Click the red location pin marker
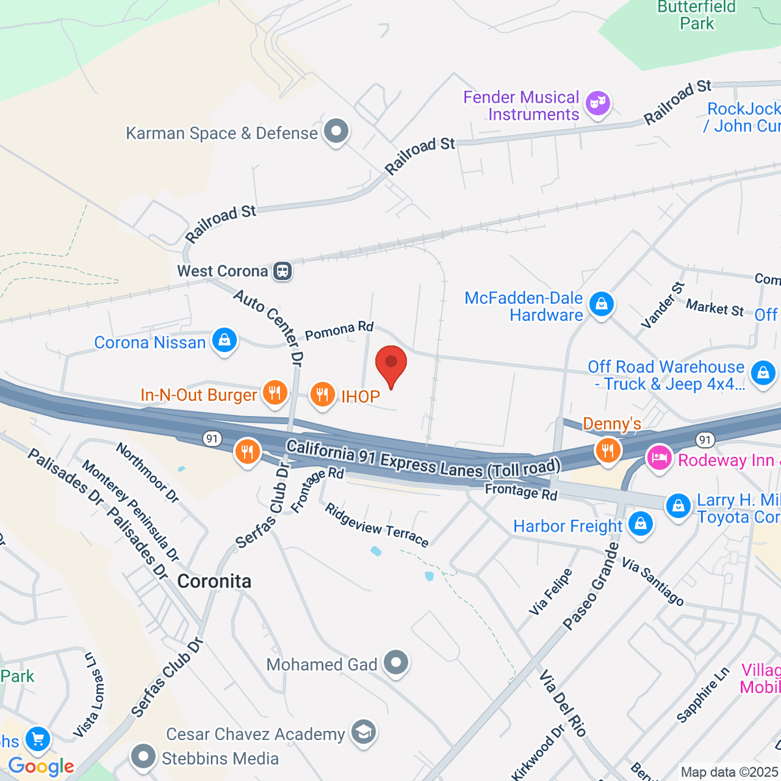391,363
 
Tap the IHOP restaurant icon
322,394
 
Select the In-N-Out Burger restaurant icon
275,392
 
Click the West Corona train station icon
282,271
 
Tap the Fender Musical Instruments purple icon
597,103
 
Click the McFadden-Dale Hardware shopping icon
601,304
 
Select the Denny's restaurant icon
608,449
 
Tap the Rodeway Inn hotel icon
659,458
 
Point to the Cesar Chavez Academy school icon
363,732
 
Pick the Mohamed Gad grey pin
395,663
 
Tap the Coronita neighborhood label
214,581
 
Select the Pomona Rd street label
339,330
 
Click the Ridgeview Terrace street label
377,525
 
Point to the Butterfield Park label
696,16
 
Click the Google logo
42,766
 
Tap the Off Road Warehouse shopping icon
762,373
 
